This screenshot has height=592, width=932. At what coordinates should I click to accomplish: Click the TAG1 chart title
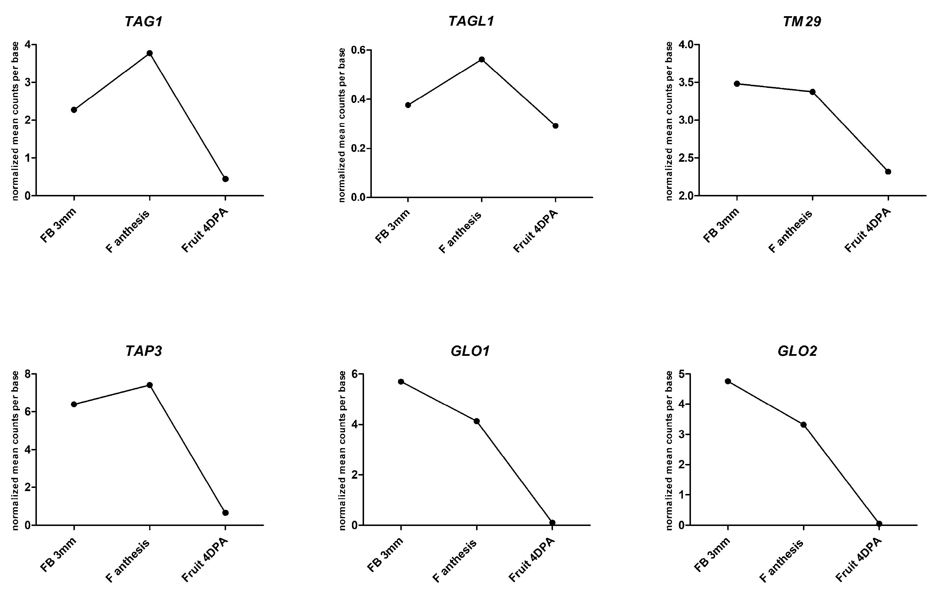tap(143, 22)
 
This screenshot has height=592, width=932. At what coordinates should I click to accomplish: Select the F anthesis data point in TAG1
tap(149, 53)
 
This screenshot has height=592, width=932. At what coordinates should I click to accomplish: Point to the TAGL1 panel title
tap(471, 22)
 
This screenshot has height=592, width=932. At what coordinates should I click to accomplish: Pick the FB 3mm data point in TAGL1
tap(408, 105)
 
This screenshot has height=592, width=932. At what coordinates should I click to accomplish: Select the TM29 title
tap(802, 22)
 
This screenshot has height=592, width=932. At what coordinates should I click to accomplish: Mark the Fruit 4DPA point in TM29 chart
tap(888, 172)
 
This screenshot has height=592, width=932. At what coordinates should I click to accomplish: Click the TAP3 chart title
tap(143, 351)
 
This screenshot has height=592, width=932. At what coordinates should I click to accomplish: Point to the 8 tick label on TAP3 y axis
tap(27, 374)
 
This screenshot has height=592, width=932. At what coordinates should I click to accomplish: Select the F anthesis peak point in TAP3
tap(149, 385)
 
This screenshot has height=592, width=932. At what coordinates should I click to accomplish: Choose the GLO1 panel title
tap(470, 351)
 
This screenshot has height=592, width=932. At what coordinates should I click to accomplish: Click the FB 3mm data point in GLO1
tap(401, 381)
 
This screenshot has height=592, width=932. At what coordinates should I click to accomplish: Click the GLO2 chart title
tap(797, 351)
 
